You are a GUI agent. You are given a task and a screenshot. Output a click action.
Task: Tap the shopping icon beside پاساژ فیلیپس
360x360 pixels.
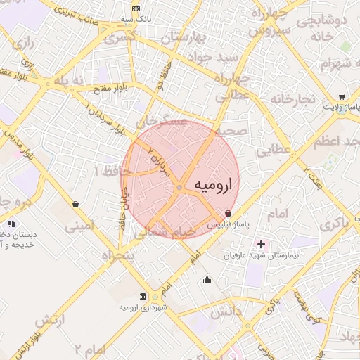[228, 213]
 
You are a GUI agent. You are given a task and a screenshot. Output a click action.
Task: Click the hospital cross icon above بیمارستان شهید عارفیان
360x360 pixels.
[262, 244]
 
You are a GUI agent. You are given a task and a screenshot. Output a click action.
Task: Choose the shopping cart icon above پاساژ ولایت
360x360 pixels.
[341, 97]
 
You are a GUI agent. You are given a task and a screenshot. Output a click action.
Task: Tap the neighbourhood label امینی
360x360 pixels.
[78, 227]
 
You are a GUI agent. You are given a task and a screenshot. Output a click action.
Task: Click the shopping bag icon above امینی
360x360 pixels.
[75, 205]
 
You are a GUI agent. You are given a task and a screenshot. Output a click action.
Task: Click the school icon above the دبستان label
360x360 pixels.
[11, 224]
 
